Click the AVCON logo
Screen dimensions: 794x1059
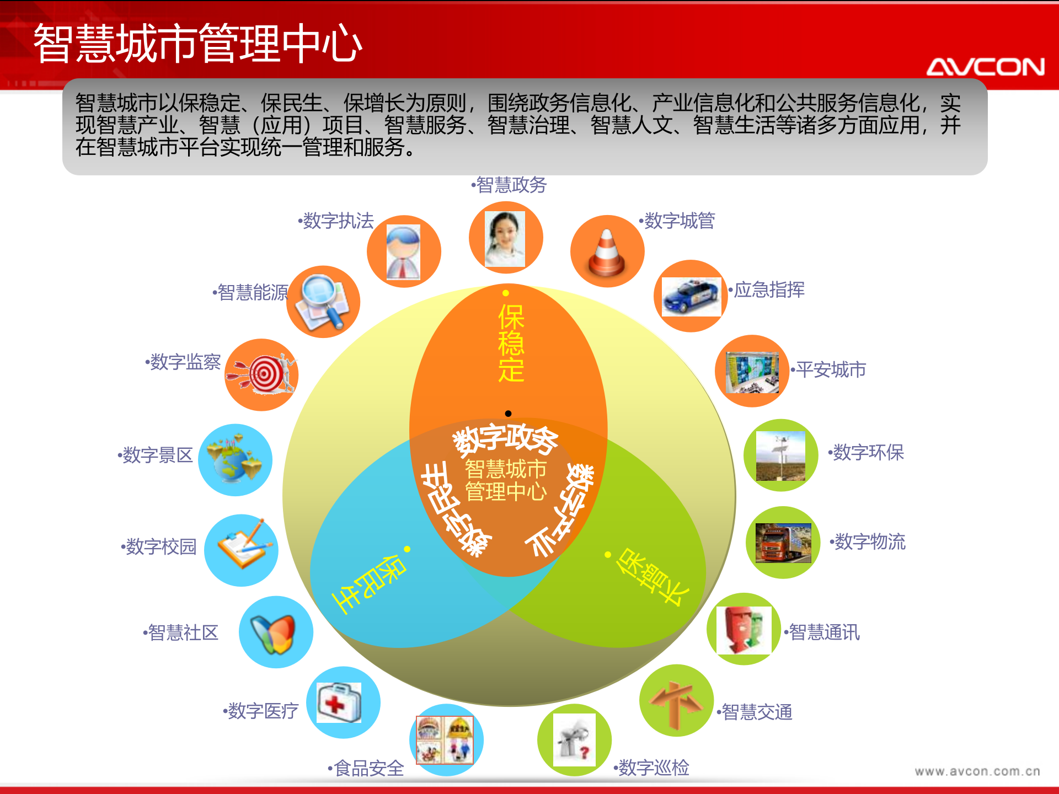tap(985, 67)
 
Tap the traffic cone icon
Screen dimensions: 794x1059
tap(607, 252)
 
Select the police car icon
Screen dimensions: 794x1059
tap(691, 296)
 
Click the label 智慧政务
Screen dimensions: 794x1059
tap(511, 185)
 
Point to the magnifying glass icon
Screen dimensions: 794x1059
tap(323, 302)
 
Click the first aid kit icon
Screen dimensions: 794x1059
tap(340, 702)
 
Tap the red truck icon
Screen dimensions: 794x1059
tap(783, 543)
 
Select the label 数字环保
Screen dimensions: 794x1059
tap(868, 453)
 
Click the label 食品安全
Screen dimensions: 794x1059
tap(368, 768)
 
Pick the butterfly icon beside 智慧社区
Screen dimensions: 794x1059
tap(274, 633)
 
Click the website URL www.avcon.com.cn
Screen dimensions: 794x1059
tap(977, 771)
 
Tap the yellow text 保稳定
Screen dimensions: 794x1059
tap(511, 343)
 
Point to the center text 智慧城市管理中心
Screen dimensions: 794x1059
tap(506, 480)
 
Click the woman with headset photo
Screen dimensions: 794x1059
tap(505, 239)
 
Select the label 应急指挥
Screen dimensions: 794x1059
tap(768, 289)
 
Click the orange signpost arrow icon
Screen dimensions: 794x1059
tap(676, 701)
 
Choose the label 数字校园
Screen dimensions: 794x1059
tap(161, 546)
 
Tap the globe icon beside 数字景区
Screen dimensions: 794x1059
tap(234, 460)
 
